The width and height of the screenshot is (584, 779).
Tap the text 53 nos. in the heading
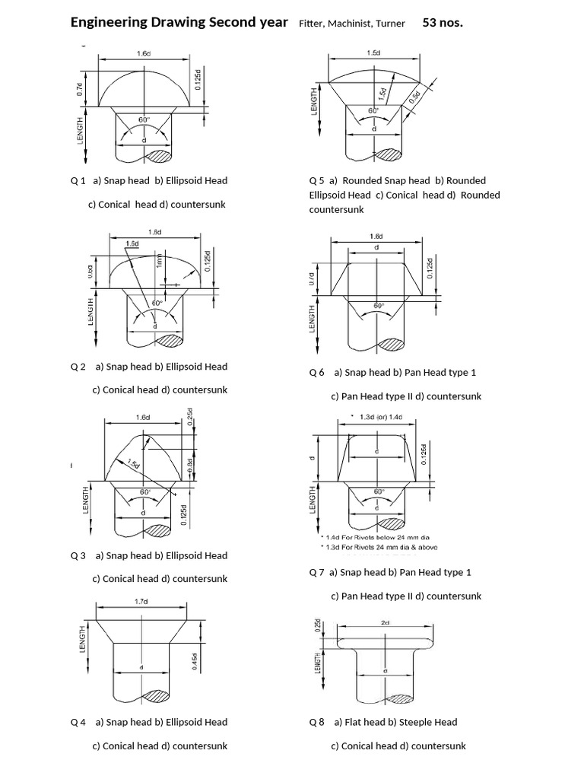(442, 23)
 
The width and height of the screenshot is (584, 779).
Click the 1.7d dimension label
(141, 601)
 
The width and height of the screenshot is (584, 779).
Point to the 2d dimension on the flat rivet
(385, 622)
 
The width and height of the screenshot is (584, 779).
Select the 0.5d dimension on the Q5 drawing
(414, 97)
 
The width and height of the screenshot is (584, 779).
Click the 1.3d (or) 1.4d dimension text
(382, 416)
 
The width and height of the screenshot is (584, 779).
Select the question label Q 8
(316, 722)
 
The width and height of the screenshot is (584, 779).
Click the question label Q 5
(316, 181)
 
